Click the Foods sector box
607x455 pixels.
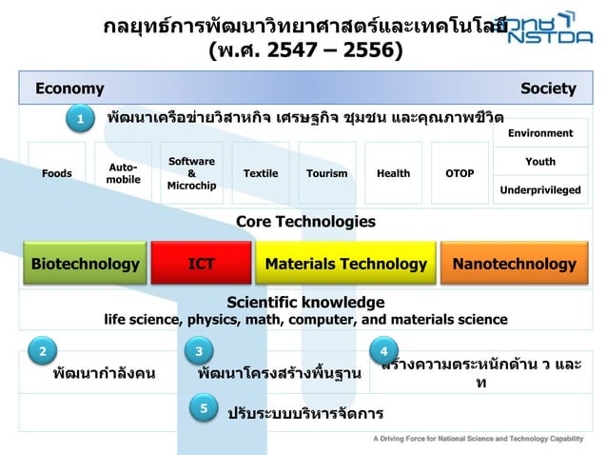point(56,173)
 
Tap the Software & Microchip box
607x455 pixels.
point(190,173)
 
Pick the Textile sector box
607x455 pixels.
point(261,173)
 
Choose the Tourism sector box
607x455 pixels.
point(326,173)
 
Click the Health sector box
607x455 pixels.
point(393,173)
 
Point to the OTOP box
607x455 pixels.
point(460,173)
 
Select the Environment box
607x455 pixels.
point(540,133)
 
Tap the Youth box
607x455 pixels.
point(540,162)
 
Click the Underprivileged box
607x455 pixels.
point(540,190)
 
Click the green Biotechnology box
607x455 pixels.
point(85,264)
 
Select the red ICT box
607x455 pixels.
point(201,264)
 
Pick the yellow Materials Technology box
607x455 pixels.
point(345,264)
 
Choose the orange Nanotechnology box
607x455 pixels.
point(515,264)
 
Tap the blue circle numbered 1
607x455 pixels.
point(81,118)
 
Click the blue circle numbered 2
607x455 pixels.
point(41,350)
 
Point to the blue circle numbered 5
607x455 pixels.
point(204,408)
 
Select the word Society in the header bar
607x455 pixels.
point(548,89)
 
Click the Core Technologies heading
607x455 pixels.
point(304,222)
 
